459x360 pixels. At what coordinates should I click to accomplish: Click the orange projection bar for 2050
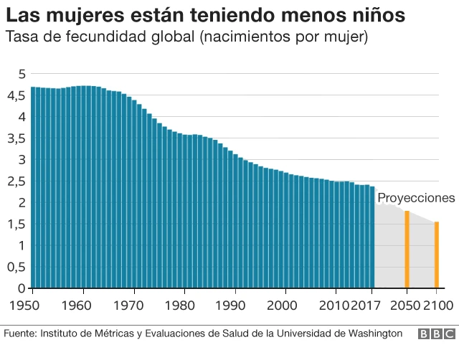point(407,250)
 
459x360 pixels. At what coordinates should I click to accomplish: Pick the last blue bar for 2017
point(372,237)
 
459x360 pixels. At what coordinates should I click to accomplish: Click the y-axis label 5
point(22,74)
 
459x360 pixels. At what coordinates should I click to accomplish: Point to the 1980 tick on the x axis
point(184,304)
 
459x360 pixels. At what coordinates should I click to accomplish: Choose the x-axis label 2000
point(285,304)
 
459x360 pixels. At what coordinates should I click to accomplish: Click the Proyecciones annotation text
point(416,198)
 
